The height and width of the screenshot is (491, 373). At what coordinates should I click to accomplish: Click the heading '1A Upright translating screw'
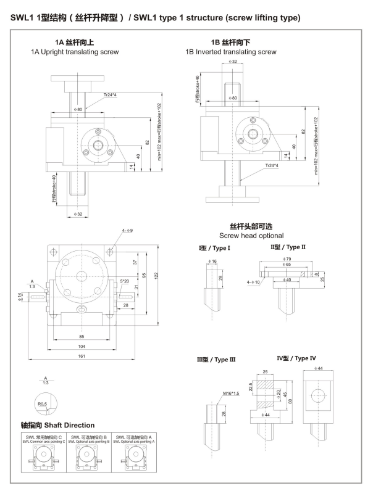(x=74, y=52)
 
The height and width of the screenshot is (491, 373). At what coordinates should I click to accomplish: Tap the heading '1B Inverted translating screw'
(x=232, y=52)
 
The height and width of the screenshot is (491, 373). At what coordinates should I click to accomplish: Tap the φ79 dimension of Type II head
(x=286, y=258)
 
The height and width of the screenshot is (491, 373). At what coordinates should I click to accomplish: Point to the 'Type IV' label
(x=296, y=358)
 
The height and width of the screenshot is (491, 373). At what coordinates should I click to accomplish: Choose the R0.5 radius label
(x=42, y=404)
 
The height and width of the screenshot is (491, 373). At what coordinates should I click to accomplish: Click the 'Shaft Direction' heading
(x=57, y=425)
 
